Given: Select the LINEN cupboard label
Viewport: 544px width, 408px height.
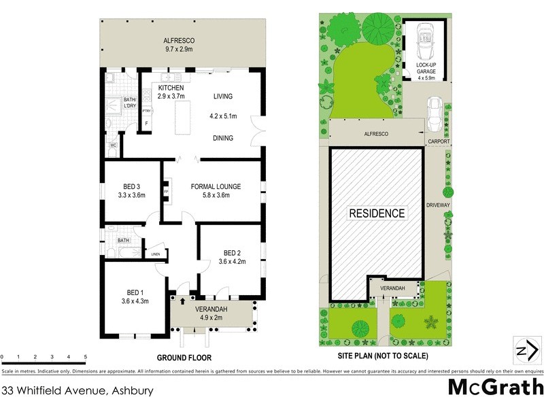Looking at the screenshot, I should tap(156, 254).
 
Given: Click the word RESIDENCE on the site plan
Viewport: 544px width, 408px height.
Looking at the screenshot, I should tap(377, 213).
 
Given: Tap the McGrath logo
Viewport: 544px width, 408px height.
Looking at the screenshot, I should tap(496, 388).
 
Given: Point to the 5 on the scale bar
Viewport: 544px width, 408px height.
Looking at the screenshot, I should tap(85, 356).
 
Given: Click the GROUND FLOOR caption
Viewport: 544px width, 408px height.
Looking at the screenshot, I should tap(184, 358).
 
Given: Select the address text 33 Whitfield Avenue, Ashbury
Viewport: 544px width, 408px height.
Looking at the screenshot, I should tap(77, 391).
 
